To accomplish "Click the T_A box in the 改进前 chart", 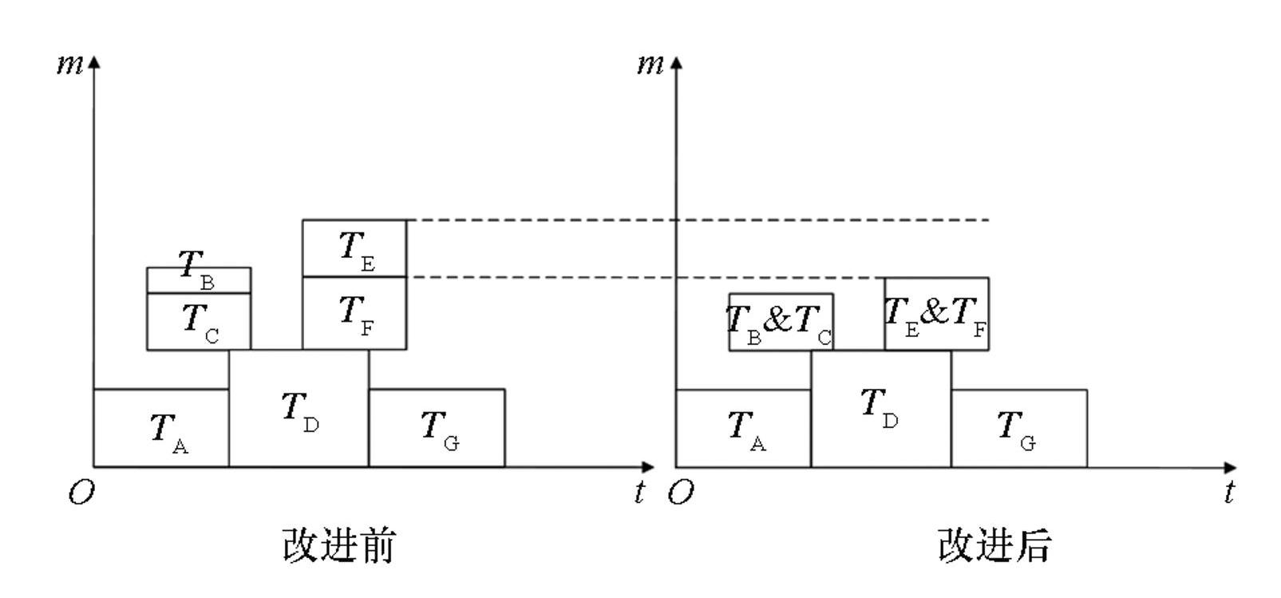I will click(161, 428).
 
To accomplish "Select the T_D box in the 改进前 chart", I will click(299, 408).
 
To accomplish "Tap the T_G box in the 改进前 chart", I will click(437, 428).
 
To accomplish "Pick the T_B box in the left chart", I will click(199, 280).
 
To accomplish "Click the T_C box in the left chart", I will click(199, 321).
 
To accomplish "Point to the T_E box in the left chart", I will click(354, 248).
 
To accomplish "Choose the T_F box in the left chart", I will click(354, 313).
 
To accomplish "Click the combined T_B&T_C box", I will click(781, 322).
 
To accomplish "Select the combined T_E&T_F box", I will click(936, 313).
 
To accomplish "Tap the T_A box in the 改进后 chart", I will click(743, 428).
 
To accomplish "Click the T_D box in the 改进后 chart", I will click(881, 408).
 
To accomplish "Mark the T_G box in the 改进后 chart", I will click(1018, 428).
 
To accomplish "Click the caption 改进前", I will click(338, 545).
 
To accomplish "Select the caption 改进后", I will click(994, 545).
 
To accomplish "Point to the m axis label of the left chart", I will click(69, 64).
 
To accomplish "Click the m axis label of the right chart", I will click(650, 64).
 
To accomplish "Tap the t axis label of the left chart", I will click(639, 493).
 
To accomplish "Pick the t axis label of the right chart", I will click(1229, 493).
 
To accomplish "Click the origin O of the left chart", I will click(81, 493).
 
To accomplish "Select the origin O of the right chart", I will click(680, 493).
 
